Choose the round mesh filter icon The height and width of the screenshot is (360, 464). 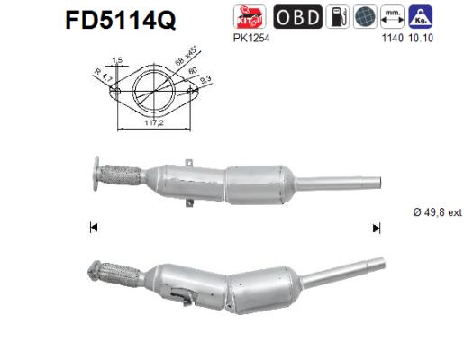(x=365, y=16)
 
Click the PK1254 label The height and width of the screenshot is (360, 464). (x=249, y=39)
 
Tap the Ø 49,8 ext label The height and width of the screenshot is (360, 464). (x=436, y=211)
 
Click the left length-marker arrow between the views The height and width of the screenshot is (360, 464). (x=94, y=228)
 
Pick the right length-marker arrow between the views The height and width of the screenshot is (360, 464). (x=376, y=228)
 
